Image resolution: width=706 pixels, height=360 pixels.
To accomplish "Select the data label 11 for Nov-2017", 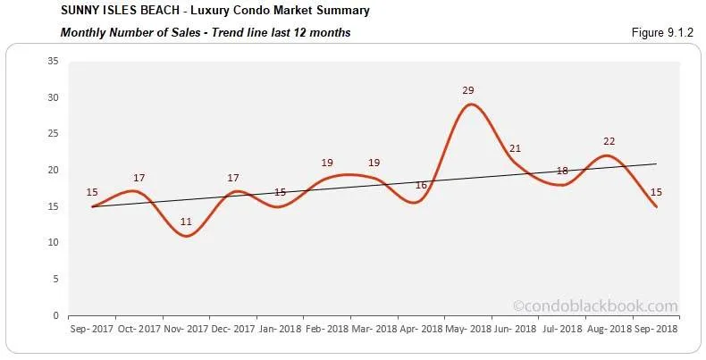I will pos(185,222).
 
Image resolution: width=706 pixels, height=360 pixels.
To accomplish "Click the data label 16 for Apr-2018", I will pos(422,185).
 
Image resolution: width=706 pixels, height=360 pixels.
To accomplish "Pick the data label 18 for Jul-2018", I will pos(563,171).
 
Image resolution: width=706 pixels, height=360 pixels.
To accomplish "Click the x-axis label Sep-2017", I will pos(91,329).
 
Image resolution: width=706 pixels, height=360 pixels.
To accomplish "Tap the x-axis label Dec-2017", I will pos(232,329).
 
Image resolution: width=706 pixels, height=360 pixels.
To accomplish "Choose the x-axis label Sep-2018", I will pos(656,329).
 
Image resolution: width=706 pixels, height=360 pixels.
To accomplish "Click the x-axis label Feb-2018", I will pos(327,329).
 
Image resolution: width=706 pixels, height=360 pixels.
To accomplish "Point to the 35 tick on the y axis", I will pos(53,62).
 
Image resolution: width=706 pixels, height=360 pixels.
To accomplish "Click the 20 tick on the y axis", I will pos(53,171).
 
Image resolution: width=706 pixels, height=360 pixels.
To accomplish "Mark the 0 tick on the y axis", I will pos(55,315).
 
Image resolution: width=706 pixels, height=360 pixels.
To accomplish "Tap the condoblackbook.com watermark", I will pos(596,306).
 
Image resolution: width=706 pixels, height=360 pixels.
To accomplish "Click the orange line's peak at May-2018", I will pos(471,105).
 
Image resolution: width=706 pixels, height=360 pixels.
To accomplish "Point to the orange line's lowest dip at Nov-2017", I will pos(185,236).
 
